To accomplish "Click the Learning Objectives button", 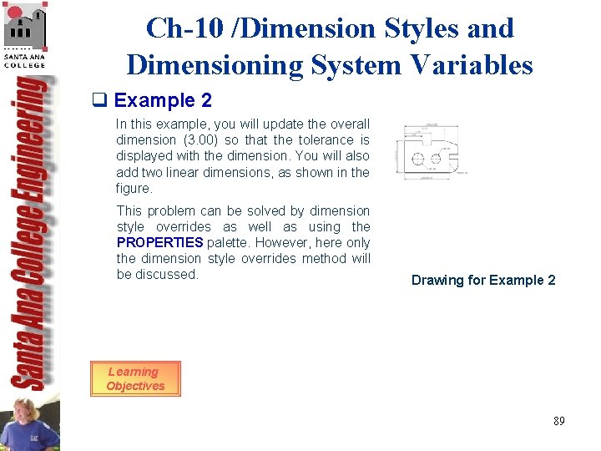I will (135, 379).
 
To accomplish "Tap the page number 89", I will (558, 421).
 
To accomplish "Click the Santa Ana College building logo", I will (24, 28).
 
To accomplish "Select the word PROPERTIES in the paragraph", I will (159, 242).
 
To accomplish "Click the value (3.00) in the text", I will (199, 140).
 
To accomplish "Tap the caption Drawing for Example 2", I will (483, 280).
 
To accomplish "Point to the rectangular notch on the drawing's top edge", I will (426, 143).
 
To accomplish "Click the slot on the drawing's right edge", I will (454, 155).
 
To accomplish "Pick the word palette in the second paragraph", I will (229, 242).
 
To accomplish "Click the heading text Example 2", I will (163, 101).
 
